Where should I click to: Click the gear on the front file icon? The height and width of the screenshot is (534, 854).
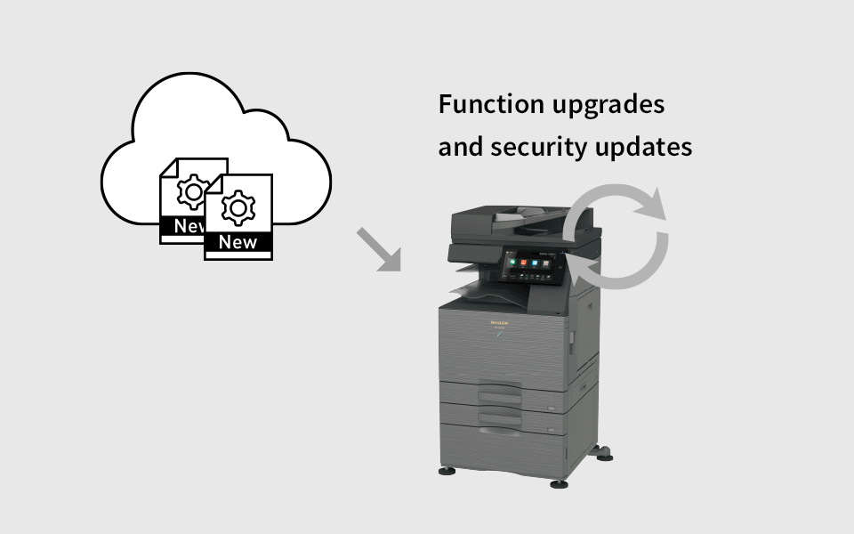[238, 206]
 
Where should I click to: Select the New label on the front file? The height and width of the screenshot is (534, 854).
[238, 242]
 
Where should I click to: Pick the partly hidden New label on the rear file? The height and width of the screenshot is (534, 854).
[188, 226]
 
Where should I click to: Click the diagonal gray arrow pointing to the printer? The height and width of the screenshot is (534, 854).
[378, 248]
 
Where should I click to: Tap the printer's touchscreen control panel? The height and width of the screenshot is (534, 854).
[531, 264]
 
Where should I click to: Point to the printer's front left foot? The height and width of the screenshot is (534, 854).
[445, 471]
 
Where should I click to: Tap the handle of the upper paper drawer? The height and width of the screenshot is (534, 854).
[500, 391]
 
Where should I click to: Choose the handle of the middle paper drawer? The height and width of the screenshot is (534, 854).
[500, 415]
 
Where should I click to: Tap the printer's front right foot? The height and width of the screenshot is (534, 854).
[559, 483]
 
